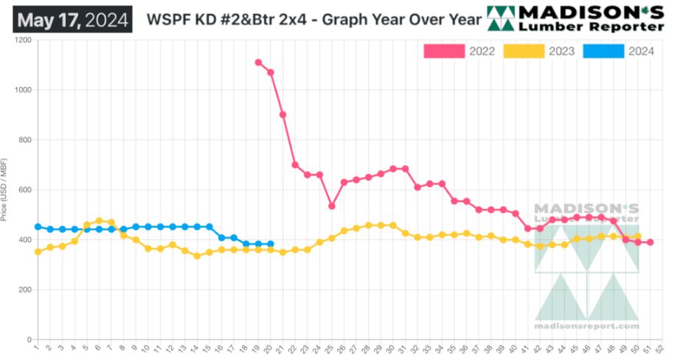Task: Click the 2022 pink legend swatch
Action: point(444,51)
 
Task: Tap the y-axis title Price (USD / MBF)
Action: point(6,190)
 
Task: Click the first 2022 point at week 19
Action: point(258,63)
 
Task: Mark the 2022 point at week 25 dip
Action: point(332,207)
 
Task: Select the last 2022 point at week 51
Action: point(650,242)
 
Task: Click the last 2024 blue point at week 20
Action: point(271,244)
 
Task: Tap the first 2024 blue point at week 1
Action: point(38,227)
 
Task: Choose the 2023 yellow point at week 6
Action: point(99,221)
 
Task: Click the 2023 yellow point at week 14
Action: point(197,256)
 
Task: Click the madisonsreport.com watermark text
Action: point(586,325)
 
